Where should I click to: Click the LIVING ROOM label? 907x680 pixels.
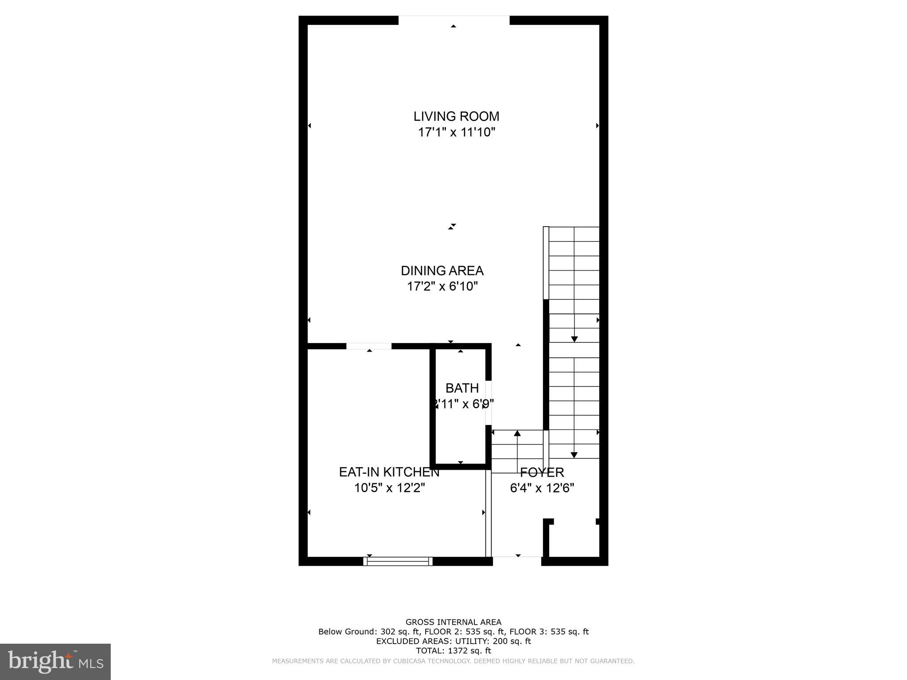(x=456, y=116)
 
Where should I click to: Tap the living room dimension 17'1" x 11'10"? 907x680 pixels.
(x=456, y=132)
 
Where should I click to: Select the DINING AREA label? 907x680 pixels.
(x=442, y=270)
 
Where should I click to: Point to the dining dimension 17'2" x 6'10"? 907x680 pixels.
(x=442, y=286)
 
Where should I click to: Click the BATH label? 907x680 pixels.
(x=462, y=388)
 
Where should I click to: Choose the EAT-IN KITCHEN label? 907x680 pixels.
(x=389, y=472)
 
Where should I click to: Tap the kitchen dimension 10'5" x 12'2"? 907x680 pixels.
(x=389, y=488)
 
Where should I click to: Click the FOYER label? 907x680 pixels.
(x=542, y=472)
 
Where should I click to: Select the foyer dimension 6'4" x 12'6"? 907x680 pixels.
(x=542, y=488)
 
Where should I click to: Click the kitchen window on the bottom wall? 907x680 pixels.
(x=398, y=561)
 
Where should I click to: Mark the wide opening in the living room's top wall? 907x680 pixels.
(x=454, y=20)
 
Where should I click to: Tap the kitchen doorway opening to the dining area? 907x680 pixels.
(x=369, y=346)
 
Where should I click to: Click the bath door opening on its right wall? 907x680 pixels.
(x=489, y=402)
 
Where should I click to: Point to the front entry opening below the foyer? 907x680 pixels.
(x=517, y=561)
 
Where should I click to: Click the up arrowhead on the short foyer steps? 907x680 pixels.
(x=517, y=433)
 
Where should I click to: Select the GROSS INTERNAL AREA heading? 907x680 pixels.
(x=453, y=622)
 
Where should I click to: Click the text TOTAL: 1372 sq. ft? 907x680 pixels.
(x=453, y=651)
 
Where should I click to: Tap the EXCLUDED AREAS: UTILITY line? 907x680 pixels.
(x=453, y=641)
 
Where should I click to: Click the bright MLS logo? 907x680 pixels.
(x=55, y=661)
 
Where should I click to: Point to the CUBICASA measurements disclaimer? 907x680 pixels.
(x=453, y=661)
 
